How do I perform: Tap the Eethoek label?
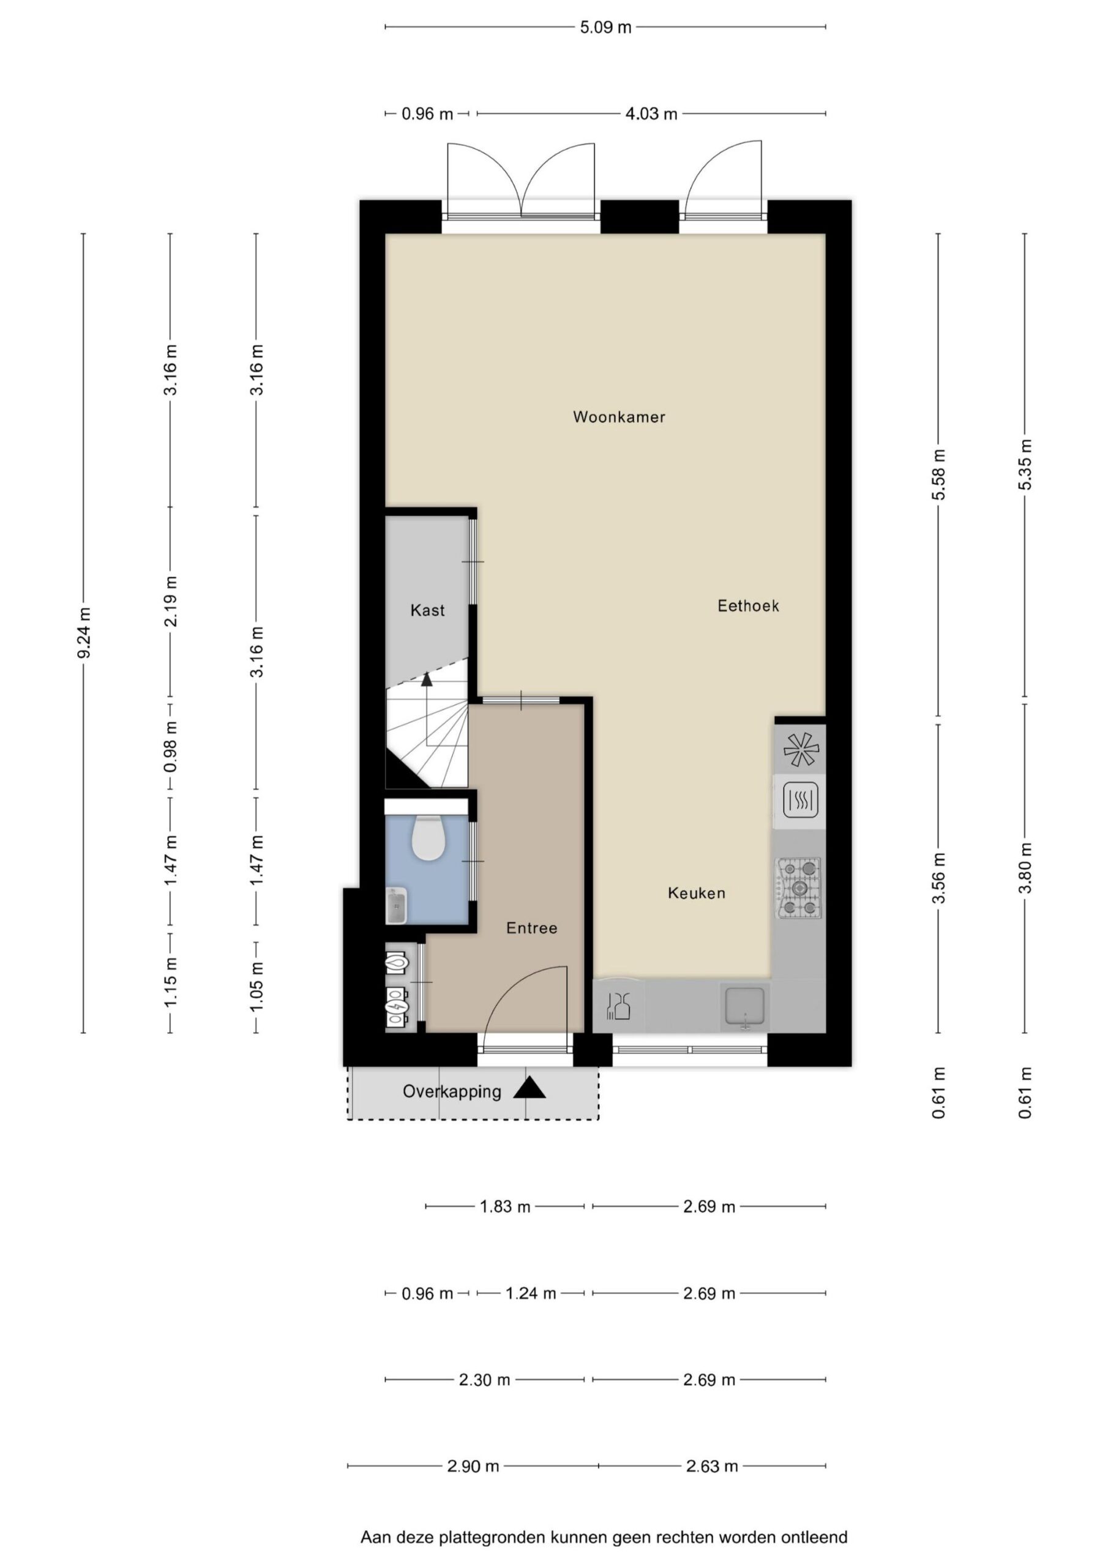(748, 605)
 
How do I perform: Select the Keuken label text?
(697, 892)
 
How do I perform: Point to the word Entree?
(532, 928)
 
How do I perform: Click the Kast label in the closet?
(427, 610)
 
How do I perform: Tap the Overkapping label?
(452, 1091)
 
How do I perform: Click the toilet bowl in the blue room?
(429, 838)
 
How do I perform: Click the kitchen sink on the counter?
(746, 1007)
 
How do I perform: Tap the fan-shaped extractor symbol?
(801, 749)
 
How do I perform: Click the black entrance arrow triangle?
(529, 1088)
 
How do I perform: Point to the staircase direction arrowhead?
(427, 679)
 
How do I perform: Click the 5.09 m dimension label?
(605, 28)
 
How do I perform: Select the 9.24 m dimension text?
(84, 634)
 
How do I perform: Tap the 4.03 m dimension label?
(651, 114)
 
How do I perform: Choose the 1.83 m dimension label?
(505, 1206)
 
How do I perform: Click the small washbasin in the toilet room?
(396, 906)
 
